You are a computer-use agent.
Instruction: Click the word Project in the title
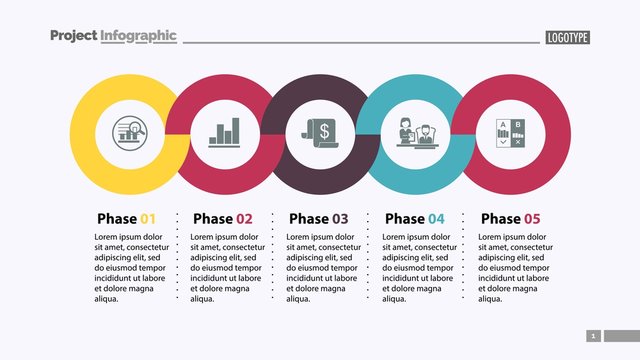73,36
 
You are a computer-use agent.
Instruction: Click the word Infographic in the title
138,36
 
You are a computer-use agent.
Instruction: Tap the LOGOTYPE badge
568,38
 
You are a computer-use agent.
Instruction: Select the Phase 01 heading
126,219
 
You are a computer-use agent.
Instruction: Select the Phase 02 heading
222,219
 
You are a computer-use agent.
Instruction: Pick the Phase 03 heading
318,219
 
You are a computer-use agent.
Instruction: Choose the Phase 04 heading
414,219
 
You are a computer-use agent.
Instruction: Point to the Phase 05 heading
510,219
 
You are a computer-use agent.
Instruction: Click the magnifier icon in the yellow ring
127,132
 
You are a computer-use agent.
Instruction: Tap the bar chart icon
223,132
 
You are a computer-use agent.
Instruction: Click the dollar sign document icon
319,132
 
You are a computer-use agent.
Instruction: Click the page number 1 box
593,336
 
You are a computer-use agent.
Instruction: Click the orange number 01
148,219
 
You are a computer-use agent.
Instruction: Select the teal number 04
436,219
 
